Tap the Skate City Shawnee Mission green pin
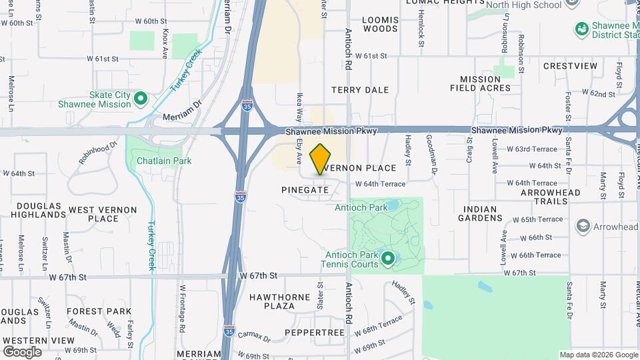[141, 99]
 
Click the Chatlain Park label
[164, 161]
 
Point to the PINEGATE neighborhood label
[305, 190]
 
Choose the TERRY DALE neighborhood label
[360, 89]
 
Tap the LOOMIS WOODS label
[380, 25]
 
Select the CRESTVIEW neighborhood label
[570, 66]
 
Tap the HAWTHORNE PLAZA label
[280, 301]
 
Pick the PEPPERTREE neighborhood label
[314, 332]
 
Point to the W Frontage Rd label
[181, 310]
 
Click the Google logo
[21, 351]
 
